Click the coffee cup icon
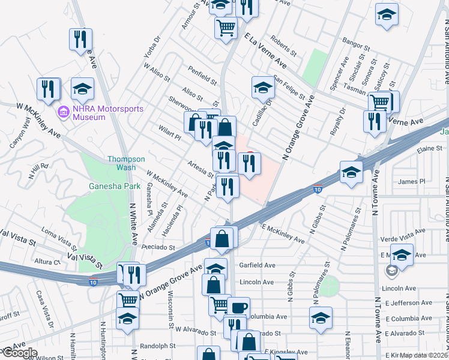pyautogui.click(x=238, y=308)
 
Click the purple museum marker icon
pyautogui.click(x=63, y=112)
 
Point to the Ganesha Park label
pyautogui.click(x=115, y=187)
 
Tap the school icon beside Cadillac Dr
pyautogui.click(x=262, y=88)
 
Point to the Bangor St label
pyautogui.click(x=354, y=43)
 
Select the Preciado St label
pyautogui.click(x=158, y=247)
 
